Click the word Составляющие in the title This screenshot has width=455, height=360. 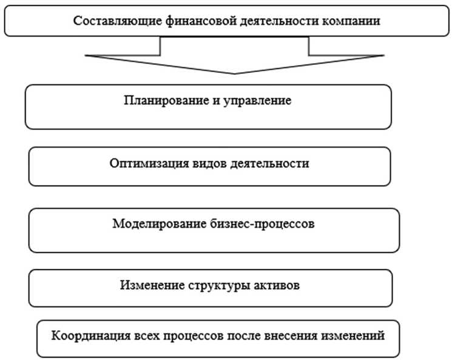click(113, 21)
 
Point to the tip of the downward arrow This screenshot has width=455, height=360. click(235, 73)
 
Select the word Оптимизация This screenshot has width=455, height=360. click(146, 163)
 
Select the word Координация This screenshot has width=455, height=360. click(84, 335)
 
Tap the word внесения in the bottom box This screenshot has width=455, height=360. click(297, 335)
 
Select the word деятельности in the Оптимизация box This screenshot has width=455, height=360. click(274, 163)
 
